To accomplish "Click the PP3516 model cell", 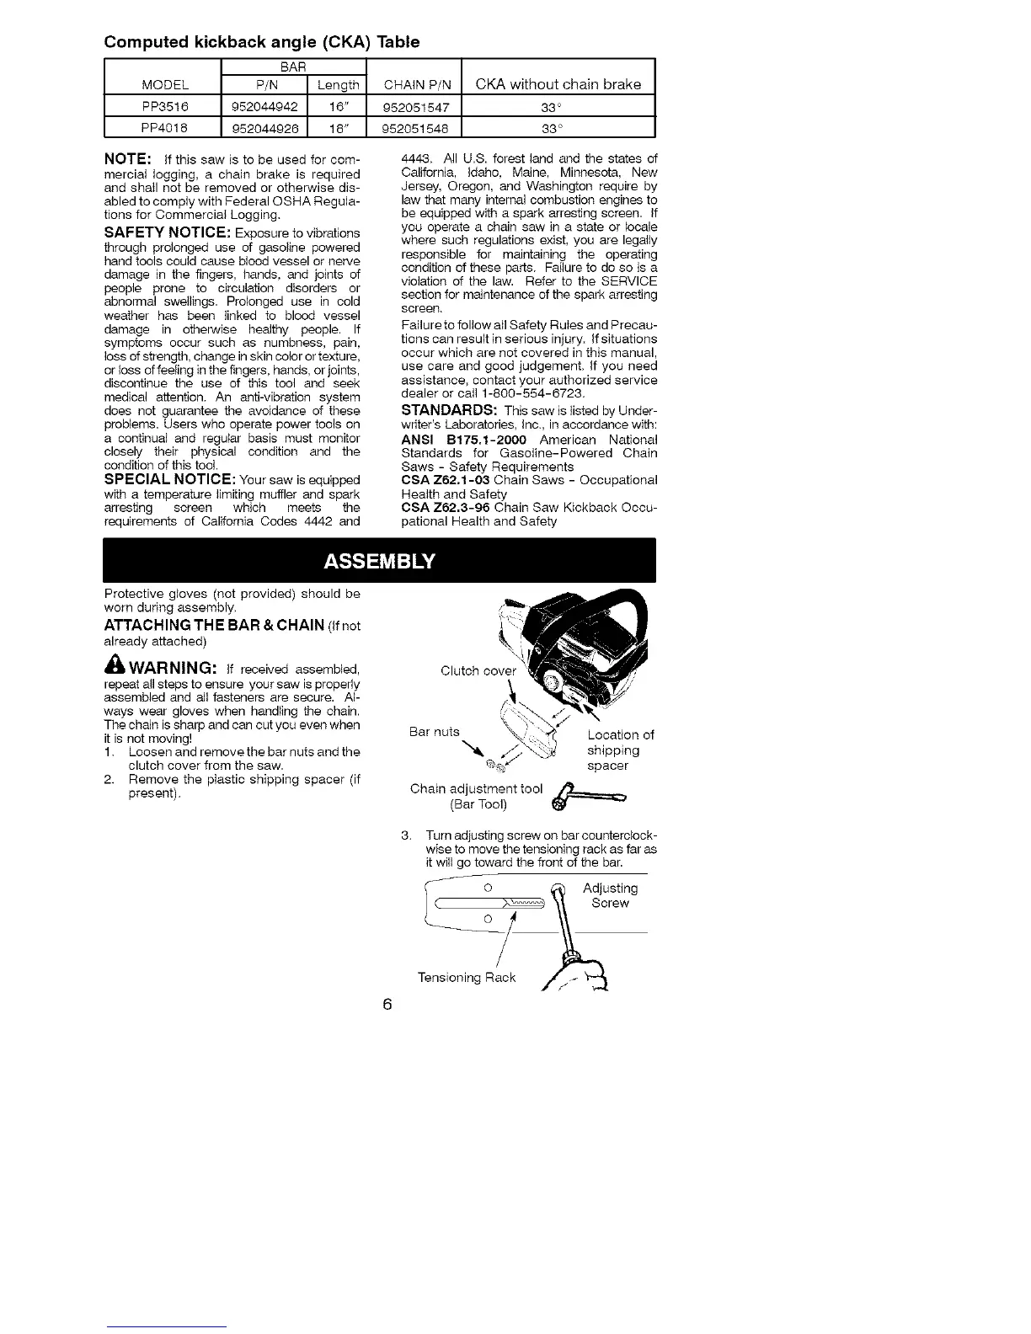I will pyautogui.click(x=161, y=106).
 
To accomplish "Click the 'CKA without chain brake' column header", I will pyautogui.click(x=558, y=83).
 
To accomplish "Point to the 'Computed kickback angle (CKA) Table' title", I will pyautogui.click(x=261, y=41).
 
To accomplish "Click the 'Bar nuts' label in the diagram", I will pyautogui.click(x=435, y=731).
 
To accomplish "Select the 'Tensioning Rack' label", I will pyautogui.click(x=467, y=977).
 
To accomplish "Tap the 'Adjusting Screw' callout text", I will pyautogui.click(x=610, y=895).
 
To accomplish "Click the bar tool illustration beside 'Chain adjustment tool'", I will pyautogui.click(x=587, y=797).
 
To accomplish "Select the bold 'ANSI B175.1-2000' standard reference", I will pyautogui.click(x=462, y=440).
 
